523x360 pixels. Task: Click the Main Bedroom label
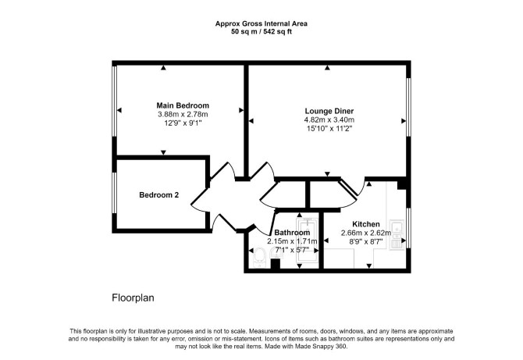(x=183, y=105)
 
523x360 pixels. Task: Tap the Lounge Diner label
(x=329, y=111)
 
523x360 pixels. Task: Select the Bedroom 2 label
(x=158, y=195)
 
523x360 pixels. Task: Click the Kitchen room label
(x=366, y=224)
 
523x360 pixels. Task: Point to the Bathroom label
(x=292, y=233)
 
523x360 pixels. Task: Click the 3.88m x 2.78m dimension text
(x=183, y=115)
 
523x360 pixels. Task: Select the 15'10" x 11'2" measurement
(x=329, y=128)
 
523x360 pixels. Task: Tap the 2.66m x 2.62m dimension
(x=366, y=233)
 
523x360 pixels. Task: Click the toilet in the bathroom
(x=259, y=258)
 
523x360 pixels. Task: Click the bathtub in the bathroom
(x=308, y=242)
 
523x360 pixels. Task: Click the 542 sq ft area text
(x=278, y=32)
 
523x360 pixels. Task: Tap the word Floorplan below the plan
(x=133, y=298)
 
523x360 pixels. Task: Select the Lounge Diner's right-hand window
(x=408, y=107)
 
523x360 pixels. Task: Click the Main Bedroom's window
(x=115, y=101)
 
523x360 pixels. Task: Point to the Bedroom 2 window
(x=115, y=193)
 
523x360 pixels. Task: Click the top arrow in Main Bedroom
(x=163, y=68)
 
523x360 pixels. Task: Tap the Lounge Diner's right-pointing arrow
(x=404, y=121)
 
